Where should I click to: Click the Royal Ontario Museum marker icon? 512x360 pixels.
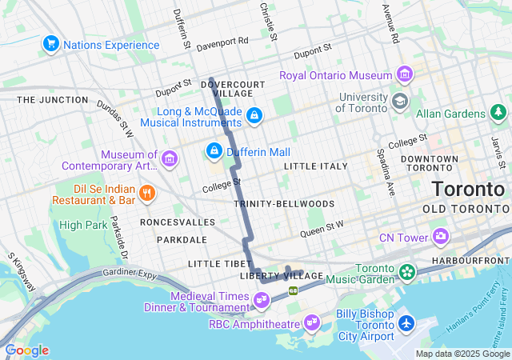tap(405, 75)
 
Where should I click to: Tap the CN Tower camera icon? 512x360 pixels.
tap(440, 236)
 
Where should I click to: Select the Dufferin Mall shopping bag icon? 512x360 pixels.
tap(214, 150)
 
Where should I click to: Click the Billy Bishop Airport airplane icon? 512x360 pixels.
tap(406, 323)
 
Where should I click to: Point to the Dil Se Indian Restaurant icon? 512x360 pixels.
tap(146, 192)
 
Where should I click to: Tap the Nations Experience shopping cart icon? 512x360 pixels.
tap(51, 44)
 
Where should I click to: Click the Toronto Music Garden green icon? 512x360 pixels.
tap(408, 272)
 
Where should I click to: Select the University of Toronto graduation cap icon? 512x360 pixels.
tap(399, 102)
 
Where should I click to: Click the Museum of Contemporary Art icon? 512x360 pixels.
tap(169, 158)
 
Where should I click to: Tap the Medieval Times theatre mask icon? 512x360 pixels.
tap(260, 300)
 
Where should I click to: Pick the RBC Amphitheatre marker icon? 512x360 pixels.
tap(311, 323)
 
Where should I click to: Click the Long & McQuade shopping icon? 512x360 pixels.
tap(254, 116)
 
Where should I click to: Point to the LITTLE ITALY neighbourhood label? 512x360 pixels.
tap(316, 166)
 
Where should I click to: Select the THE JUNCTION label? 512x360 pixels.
tap(53, 100)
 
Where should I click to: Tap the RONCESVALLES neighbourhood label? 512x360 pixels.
tap(178, 222)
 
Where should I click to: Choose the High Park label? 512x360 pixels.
tap(82, 225)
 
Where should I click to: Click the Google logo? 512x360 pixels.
tap(26, 350)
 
